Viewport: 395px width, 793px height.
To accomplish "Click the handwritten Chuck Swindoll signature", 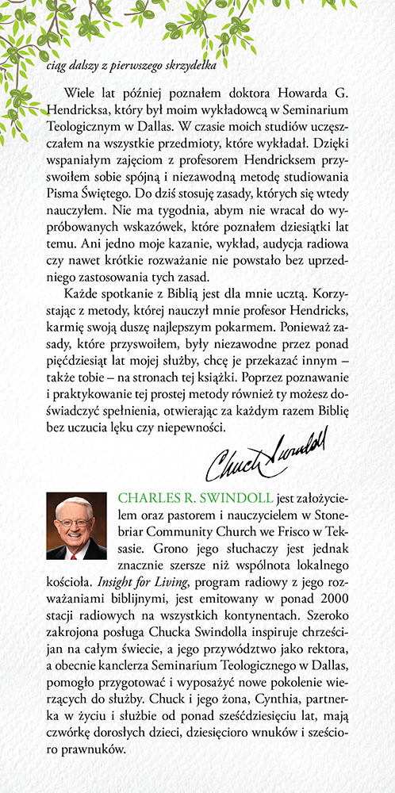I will pyautogui.click(x=265, y=458).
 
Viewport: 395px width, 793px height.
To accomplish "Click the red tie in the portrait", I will pyautogui.click(x=76, y=551).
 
